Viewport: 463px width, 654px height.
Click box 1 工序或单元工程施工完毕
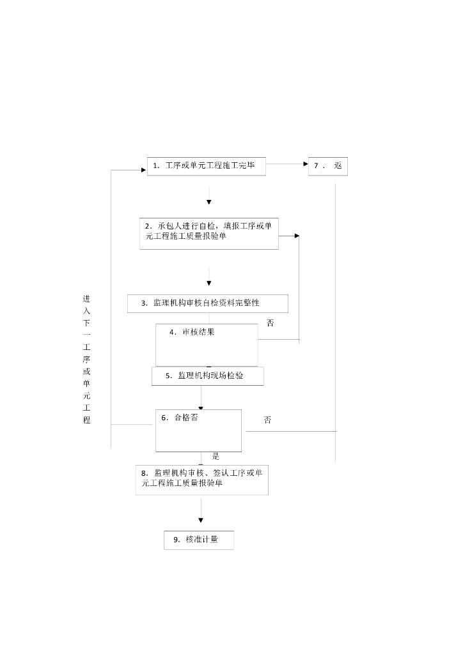click(x=206, y=166)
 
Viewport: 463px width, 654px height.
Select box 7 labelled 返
click(x=328, y=166)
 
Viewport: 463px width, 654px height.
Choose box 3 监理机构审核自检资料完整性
click(x=207, y=303)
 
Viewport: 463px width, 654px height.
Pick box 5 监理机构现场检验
click(x=207, y=376)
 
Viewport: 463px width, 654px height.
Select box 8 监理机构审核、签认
click(x=201, y=478)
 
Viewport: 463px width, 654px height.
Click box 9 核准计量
click(x=199, y=540)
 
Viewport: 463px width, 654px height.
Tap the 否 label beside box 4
click(x=271, y=323)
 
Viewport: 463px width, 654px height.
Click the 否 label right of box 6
click(x=267, y=420)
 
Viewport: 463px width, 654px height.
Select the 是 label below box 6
click(x=216, y=457)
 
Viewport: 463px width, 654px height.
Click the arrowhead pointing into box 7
click(x=305, y=163)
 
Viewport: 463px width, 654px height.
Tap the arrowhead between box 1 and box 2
click(x=209, y=202)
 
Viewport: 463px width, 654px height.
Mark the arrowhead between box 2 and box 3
click(x=209, y=282)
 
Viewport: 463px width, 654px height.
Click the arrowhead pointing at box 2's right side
click(x=297, y=236)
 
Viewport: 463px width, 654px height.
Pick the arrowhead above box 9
click(x=201, y=521)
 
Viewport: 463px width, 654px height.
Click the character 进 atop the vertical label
click(x=86, y=299)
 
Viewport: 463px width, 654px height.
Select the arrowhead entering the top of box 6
click(x=201, y=407)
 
